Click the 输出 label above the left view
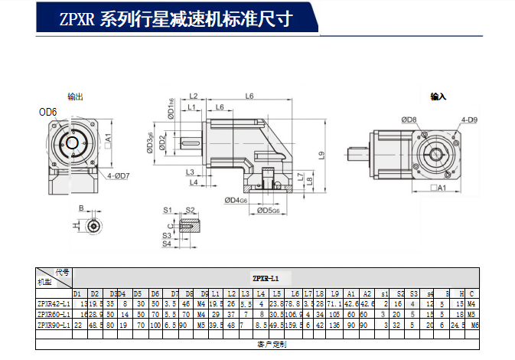[75, 97]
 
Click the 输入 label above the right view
[438, 97]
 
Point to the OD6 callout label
[48, 112]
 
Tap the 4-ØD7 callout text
[119, 176]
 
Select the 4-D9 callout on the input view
[468, 119]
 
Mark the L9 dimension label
[324, 155]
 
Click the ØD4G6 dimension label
[236, 201]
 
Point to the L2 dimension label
[194, 97]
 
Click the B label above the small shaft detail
[79, 208]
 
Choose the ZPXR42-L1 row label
[54, 303]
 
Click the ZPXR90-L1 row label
[54, 325]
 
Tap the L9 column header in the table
[335, 293]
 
